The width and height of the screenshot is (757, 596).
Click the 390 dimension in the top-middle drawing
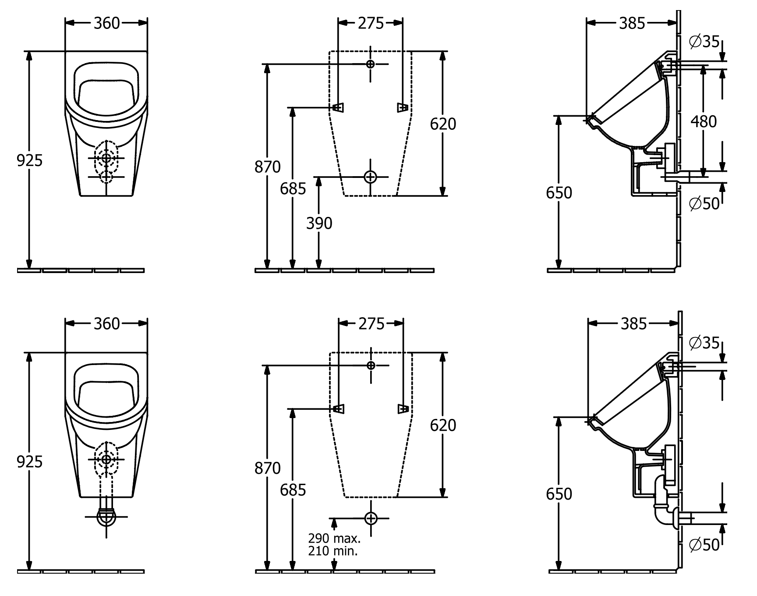(x=319, y=223)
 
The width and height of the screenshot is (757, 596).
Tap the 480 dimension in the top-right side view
(x=704, y=121)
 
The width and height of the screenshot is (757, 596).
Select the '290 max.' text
(x=334, y=538)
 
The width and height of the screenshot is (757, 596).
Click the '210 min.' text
(x=333, y=551)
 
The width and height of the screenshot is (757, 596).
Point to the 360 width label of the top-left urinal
(x=106, y=23)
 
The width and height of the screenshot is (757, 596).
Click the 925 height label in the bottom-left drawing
(x=29, y=462)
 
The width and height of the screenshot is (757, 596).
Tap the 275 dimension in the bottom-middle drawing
(x=371, y=324)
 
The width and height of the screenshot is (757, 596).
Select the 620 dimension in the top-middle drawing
(x=443, y=124)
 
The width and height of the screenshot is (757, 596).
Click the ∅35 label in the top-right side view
(x=704, y=42)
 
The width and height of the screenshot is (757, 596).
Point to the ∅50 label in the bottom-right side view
(x=704, y=545)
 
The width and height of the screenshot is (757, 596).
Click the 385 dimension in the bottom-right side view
(x=633, y=324)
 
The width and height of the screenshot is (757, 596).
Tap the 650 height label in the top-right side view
(x=559, y=193)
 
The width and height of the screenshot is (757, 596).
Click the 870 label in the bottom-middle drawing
(x=267, y=468)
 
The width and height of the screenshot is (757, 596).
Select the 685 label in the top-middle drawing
(x=293, y=189)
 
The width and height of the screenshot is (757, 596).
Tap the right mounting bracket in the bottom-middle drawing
(x=403, y=408)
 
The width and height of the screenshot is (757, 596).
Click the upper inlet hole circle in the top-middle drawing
(x=371, y=64)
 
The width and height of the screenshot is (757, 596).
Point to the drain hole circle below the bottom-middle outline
(x=371, y=518)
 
